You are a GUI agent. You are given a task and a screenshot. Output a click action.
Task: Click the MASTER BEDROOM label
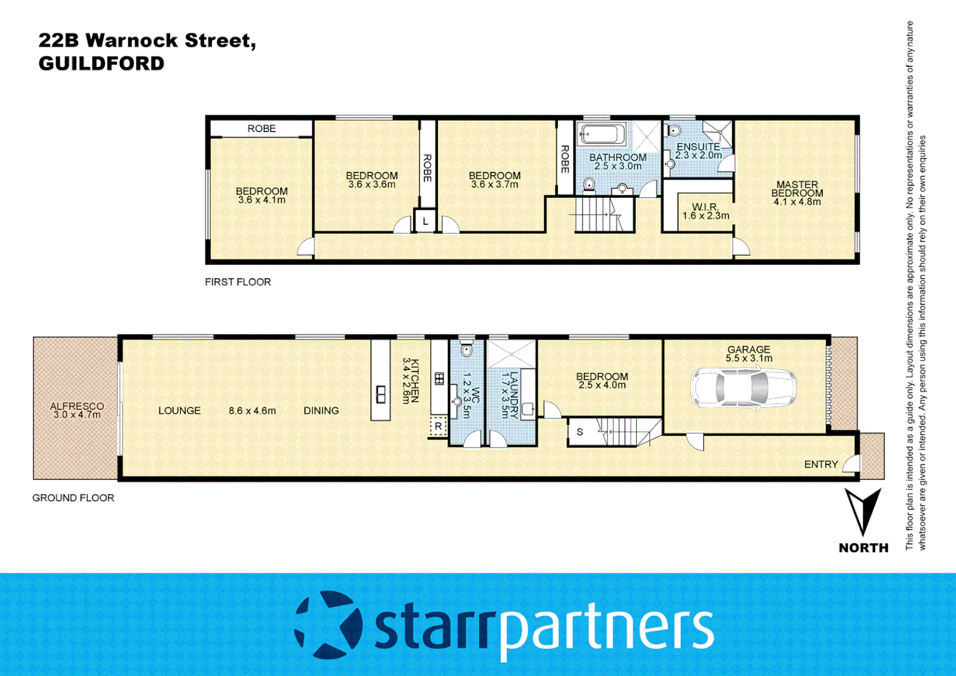(x=797, y=193)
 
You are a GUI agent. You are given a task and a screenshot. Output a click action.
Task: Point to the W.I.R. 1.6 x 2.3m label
(x=706, y=212)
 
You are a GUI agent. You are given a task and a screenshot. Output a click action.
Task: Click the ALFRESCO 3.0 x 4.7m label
(x=77, y=410)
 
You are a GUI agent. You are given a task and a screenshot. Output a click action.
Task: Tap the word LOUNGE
(x=180, y=411)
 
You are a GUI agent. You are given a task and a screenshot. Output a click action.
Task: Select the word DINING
(x=321, y=411)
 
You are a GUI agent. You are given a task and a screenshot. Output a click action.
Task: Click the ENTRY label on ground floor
(x=821, y=464)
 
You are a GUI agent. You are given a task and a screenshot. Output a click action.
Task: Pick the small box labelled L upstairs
(x=425, y=221)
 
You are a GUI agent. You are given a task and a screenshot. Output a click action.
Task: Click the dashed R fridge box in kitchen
(x=438, y=426)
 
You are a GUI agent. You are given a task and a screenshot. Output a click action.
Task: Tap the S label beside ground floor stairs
(x=580, y=432)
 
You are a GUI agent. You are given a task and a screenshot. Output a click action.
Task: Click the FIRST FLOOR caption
(x=238, y=282)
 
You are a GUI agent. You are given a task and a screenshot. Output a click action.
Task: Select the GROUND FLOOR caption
(x=73, y=498)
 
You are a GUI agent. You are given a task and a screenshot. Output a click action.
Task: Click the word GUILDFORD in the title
(x=101, y=63)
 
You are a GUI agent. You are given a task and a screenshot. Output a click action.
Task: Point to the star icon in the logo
(x=328, y=625)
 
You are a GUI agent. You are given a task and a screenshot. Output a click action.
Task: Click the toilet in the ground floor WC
(x=466, y=349)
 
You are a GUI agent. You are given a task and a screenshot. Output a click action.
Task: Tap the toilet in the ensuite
(x=674, y=130)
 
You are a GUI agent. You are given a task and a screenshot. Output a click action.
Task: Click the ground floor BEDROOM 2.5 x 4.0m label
(x=602, y=381)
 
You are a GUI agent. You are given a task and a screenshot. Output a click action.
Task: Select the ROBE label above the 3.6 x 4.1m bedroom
(x=262, y=128)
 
